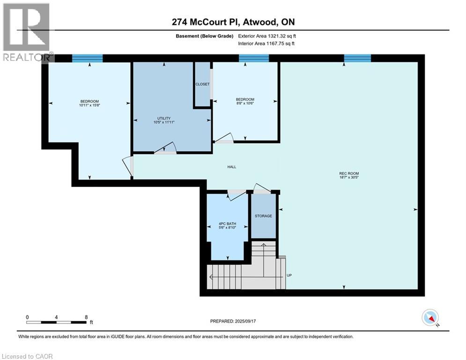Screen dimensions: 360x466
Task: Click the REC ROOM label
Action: (x=349, y=173)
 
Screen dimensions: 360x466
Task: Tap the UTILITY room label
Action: (x=163, y=118)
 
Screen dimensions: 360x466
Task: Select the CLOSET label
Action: (x=203, y=84)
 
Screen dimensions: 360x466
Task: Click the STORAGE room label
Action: (x=263, y=216)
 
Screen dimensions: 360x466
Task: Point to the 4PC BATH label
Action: (x=228, y=224)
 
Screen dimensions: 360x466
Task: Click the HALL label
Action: (x=231, y=166)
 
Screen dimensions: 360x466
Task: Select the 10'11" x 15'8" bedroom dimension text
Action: (x=89, y=105)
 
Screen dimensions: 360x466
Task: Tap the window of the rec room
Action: (x=357, y=58)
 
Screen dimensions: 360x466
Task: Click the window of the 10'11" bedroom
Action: (x=87, y=58)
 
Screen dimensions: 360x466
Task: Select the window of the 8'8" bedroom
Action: (x=254, y=58)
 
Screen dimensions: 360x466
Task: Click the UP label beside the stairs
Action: (x=289, y=275)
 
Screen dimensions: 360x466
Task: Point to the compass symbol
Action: (x=429, y=317)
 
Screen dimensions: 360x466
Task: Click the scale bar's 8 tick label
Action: (x=87, y=317)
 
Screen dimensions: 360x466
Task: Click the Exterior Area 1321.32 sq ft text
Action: (x=267, y=36)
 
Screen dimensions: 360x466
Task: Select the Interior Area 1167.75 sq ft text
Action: (x=266, y=44)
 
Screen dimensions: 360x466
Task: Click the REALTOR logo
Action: (x=27, y=32)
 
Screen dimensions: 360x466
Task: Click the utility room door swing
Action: (x=166, y=148)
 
